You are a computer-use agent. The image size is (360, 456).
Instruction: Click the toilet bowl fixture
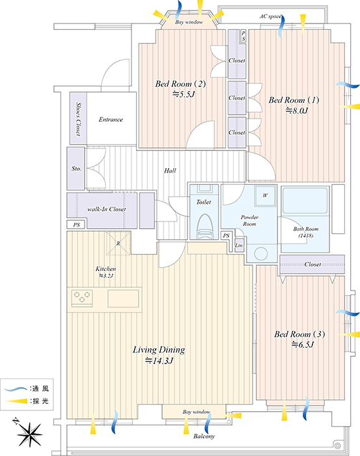tap(204, 227)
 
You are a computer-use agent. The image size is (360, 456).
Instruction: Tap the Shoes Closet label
tap(78, 119)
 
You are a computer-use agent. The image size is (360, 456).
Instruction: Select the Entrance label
tap(111, 119)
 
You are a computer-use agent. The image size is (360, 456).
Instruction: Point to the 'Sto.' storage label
tap(76, 168)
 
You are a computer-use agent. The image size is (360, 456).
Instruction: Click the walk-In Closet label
tap(107, 209)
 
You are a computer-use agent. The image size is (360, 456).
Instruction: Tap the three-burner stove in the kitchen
tap(82, 298)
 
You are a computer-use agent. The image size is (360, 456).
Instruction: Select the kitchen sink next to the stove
tap(124, 298)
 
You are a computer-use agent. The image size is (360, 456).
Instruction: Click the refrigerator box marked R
tap(118, 244)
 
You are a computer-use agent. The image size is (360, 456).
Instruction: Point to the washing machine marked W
tap(265, 195)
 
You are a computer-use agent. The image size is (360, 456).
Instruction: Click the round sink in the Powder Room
tap(260, 253)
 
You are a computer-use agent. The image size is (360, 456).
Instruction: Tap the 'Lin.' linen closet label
tap(239, 246)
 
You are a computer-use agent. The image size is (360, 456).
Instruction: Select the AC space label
tap(271, 16)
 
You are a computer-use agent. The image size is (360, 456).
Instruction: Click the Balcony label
tap(204, 436)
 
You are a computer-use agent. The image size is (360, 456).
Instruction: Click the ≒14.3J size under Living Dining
tap(159, 361)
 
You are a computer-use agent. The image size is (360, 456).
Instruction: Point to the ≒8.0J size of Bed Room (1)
tap(297, 111)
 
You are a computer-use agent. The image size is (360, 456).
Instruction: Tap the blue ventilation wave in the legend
tap(16, 388)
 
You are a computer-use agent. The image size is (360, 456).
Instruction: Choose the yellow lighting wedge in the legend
tap(16, 401)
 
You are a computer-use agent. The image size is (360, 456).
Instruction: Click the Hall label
tap(170, 171)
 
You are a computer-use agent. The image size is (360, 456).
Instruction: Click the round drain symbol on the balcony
tap(337, 446)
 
